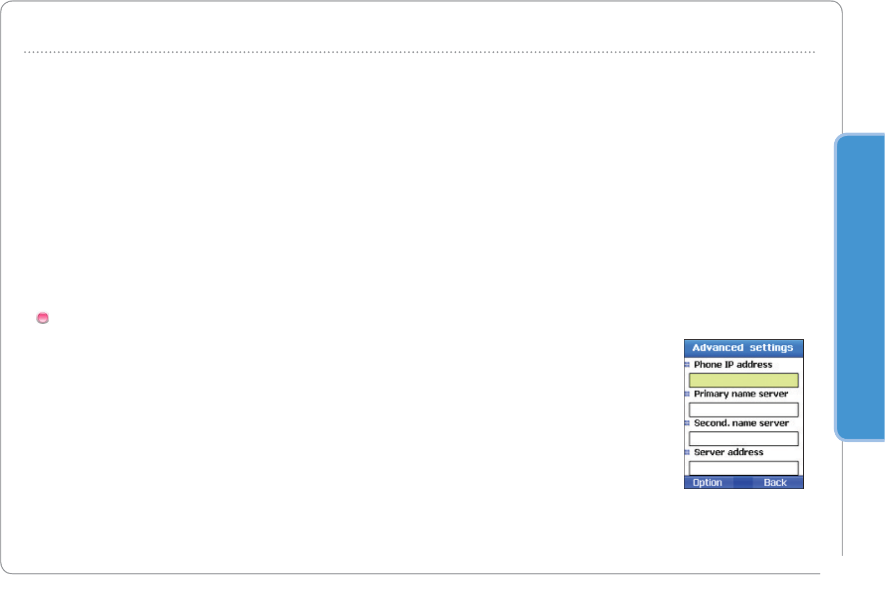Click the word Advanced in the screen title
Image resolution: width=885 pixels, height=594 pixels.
point(718,348)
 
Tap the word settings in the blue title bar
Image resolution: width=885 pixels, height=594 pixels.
point(771,348)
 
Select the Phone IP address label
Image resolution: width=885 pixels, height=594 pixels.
point(733,365)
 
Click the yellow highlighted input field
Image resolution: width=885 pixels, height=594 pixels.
point(744,380)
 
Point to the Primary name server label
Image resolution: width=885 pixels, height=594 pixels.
point(741,394)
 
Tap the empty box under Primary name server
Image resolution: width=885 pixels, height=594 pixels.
point(744,409)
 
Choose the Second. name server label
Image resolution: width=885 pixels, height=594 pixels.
point(741,423)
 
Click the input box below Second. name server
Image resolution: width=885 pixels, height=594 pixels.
point(744,439)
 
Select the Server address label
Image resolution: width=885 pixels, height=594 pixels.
point(729,452)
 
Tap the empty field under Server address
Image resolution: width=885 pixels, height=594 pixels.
point(744,468)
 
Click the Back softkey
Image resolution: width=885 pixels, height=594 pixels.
point(775,482)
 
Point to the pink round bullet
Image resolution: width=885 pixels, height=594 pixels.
point(43,318)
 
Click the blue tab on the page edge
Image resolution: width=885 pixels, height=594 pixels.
point(860,287)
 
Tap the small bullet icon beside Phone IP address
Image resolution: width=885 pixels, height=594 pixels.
point(687,365)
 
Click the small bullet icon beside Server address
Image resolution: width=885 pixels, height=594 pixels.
point(687,452)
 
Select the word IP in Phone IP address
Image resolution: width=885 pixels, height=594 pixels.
point(729,365)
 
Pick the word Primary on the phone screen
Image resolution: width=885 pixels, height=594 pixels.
point(711,394)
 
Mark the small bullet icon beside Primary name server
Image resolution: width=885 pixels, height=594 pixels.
point(687,394)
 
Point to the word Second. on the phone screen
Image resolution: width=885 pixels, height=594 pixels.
point(712,423)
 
